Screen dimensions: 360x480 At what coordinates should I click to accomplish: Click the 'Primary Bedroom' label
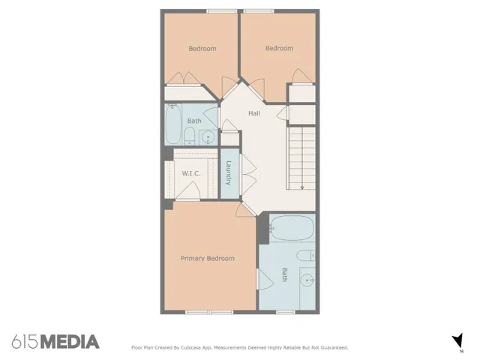pos(207,258)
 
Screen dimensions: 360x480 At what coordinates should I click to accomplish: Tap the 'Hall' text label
pos(254,113)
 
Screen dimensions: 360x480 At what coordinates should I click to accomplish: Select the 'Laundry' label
pos(228,174)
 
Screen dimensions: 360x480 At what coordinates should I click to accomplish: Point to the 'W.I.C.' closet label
pos(190,173)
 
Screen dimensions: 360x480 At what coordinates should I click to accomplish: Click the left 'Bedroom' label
pos(202,49)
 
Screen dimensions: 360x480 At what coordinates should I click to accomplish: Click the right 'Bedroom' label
pos(279,49)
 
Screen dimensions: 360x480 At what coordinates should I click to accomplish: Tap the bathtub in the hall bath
pos(173,124)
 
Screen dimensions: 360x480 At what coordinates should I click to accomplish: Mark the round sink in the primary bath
pos(307,281)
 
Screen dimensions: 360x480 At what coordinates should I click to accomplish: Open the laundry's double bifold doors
pos(244,174)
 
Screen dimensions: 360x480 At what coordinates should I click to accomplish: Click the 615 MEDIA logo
pos(55,342)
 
